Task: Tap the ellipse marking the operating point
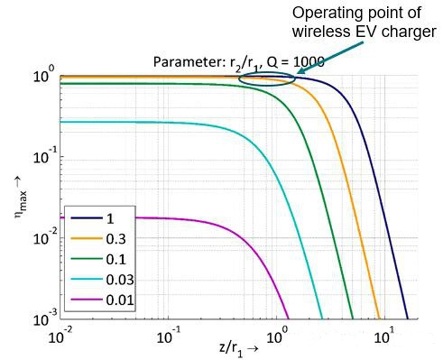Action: (267, 79)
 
